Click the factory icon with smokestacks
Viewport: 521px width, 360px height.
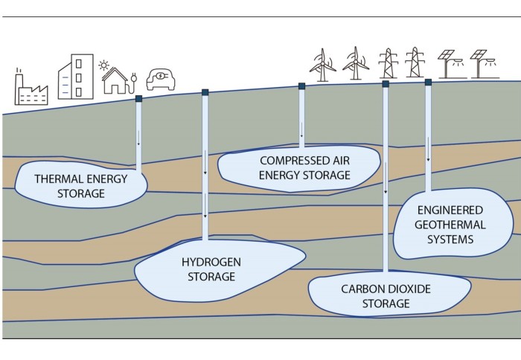point(32,87)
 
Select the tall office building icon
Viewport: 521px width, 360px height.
point(76,78)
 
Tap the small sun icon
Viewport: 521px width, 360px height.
point(104,65)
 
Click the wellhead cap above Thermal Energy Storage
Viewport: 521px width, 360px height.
point(138,98)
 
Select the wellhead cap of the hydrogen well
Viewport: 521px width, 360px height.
point(205,92)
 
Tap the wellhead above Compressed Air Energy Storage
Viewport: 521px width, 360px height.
point(301,86)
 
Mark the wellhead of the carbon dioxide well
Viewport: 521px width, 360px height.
point(385,85)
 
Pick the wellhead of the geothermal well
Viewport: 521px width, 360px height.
point(429,83)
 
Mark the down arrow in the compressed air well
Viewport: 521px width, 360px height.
point(301,136)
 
